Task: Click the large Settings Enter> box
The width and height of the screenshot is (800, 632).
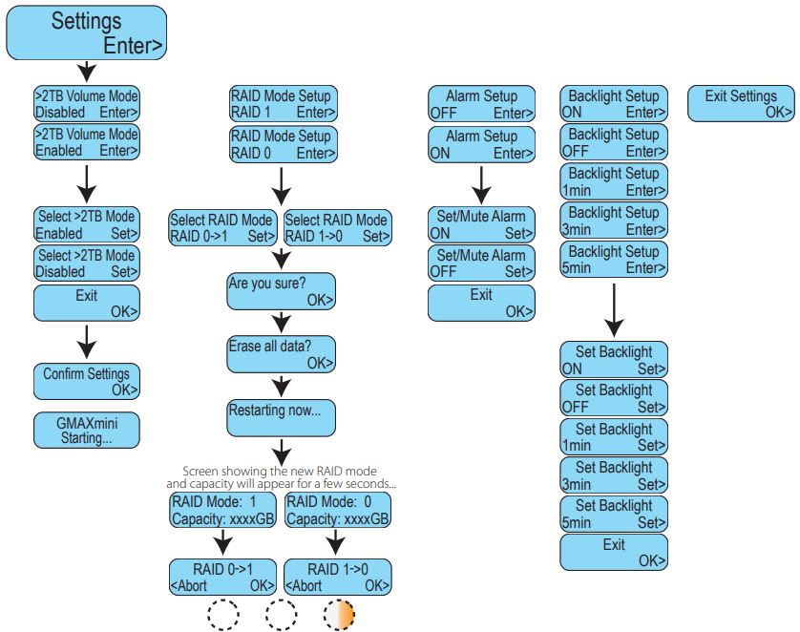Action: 87,33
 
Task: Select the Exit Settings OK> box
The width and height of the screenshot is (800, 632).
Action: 741,103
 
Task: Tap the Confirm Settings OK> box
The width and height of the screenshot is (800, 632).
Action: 87,381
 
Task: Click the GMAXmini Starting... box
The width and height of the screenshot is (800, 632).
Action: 87,430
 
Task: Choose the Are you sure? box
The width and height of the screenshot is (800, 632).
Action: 282,291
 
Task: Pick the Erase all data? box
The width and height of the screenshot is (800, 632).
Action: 282,354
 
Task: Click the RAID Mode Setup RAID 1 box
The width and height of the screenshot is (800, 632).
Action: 282,104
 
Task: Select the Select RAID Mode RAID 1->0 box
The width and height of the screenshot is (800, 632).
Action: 337,227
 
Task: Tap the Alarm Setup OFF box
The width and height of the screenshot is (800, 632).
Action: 481,104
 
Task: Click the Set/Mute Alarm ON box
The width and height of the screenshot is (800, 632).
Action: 481,224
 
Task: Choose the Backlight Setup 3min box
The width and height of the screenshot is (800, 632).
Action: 614,221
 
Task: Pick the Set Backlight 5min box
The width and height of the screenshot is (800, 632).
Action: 614,514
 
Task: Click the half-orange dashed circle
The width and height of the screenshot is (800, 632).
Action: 338,615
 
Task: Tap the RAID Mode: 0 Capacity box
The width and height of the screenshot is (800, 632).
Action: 338,511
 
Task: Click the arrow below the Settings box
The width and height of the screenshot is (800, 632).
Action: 87,72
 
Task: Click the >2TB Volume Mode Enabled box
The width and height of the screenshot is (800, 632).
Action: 87,142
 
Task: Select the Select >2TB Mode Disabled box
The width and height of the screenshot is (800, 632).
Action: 87,263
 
